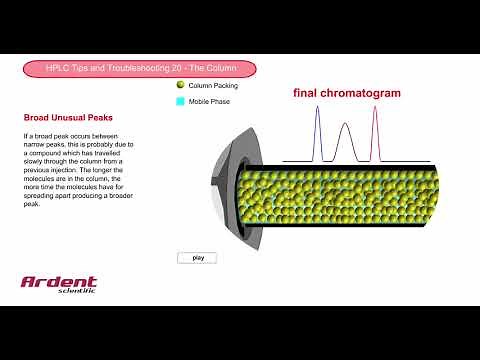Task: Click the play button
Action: pos(197,257)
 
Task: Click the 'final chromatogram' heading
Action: pos(346,93)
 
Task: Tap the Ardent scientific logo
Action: pos(59,284)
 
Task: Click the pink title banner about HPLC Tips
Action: pos(140,68)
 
